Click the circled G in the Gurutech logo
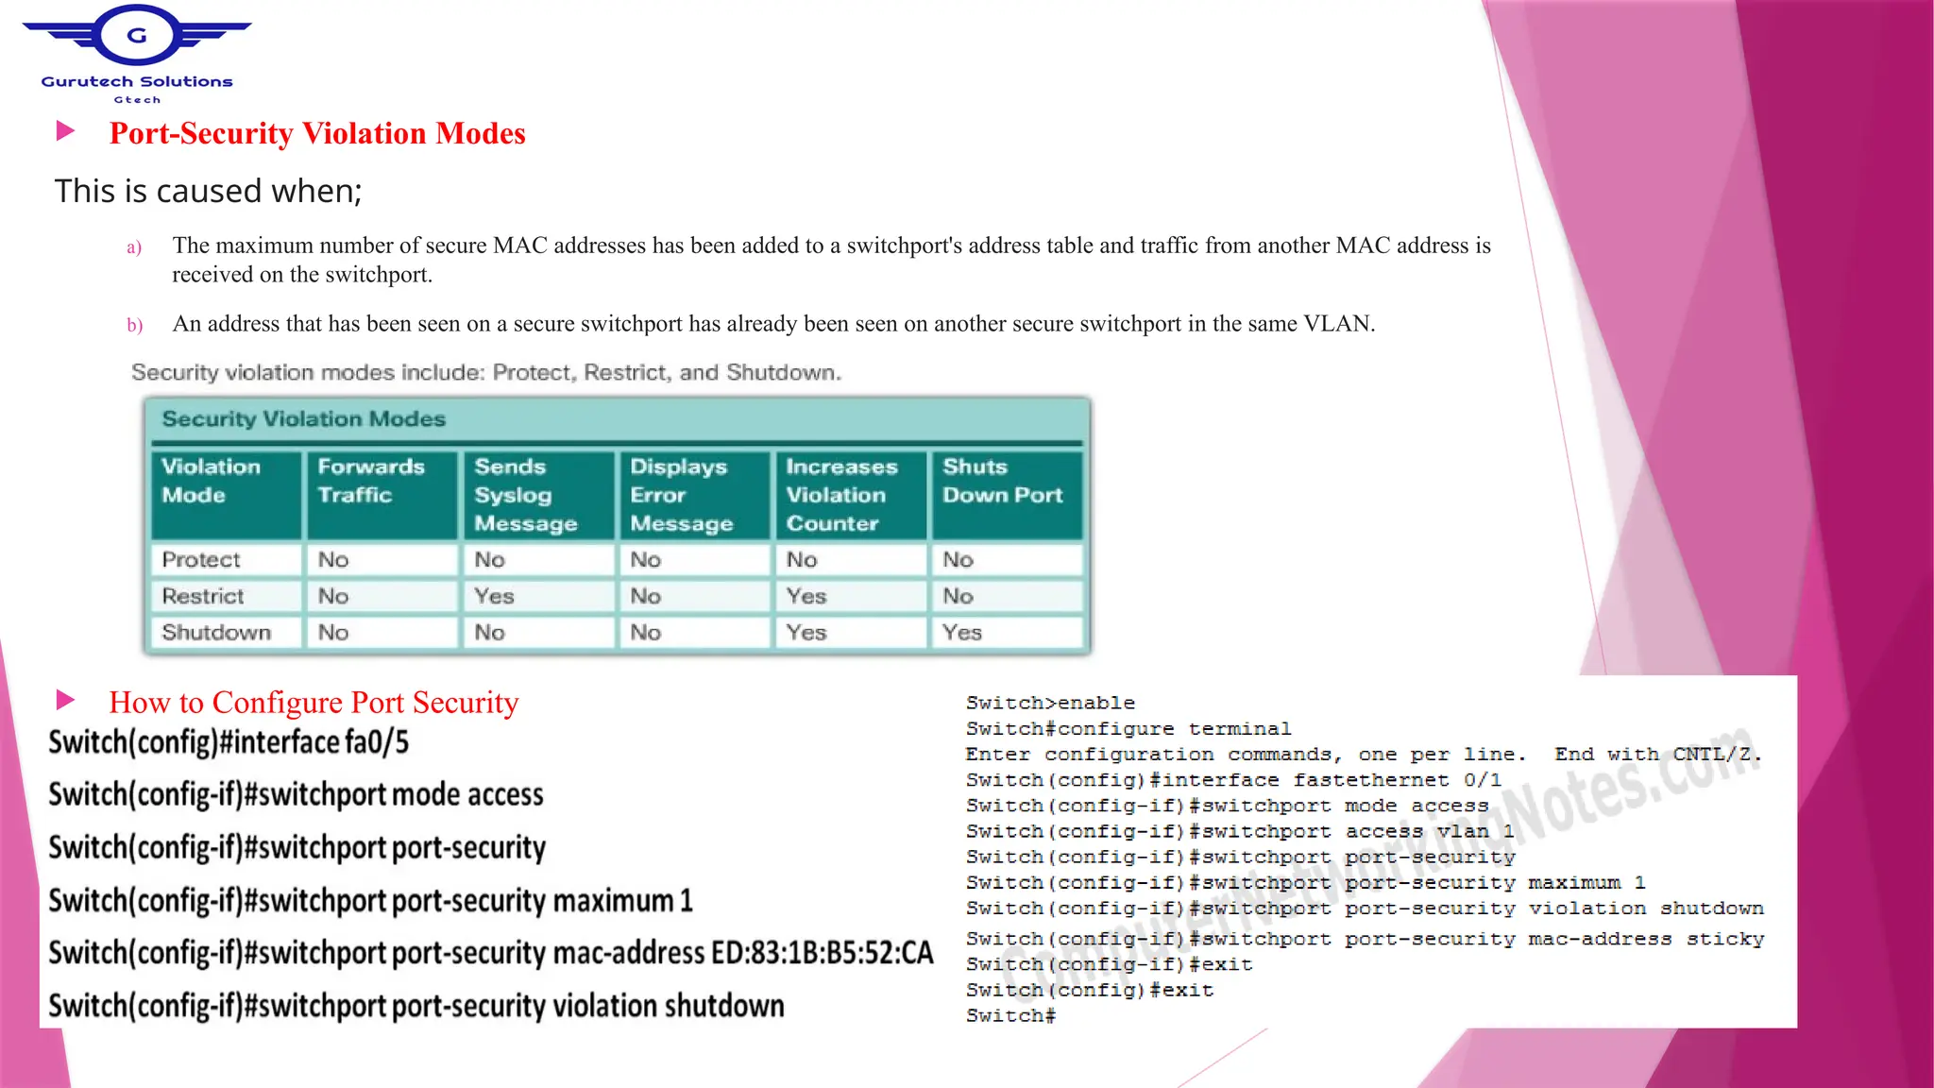pyautogui.click(x=137, y=36)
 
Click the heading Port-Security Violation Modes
pyautogui.click(x=317, y=133)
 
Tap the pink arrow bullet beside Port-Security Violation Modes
pyautogui.click(x=65, y=130)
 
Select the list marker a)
pyautogui.click(x=134, y=247)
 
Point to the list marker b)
pyautogui.click(x=134, y=326)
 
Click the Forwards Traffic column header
pyautogui.click(x=371, y=481)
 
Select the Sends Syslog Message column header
pyautogui.click(x=525, y=495)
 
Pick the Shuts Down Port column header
pyautogui.click(x=1002, y=481)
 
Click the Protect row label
pyautogui.click(x=201, y=560)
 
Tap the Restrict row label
pyautogui.click(x=203, y=596)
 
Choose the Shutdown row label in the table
pyautogui.click(x=216, y=633)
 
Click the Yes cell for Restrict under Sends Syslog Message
pyautogui.click(x=494, y=596)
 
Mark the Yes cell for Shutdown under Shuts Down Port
pyautogui.click(x=962, y=633)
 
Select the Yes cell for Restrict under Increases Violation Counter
pyautogui.click(x=806, y=596)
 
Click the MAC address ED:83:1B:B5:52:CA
pyautogui.click(x=822, y=953)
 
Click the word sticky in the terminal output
pyautogui.click(x=1725, y=939)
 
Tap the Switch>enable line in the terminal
pyautogui.click(x=1050, y=703)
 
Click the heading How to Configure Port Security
pyautogui.click(x=314, y=703)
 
